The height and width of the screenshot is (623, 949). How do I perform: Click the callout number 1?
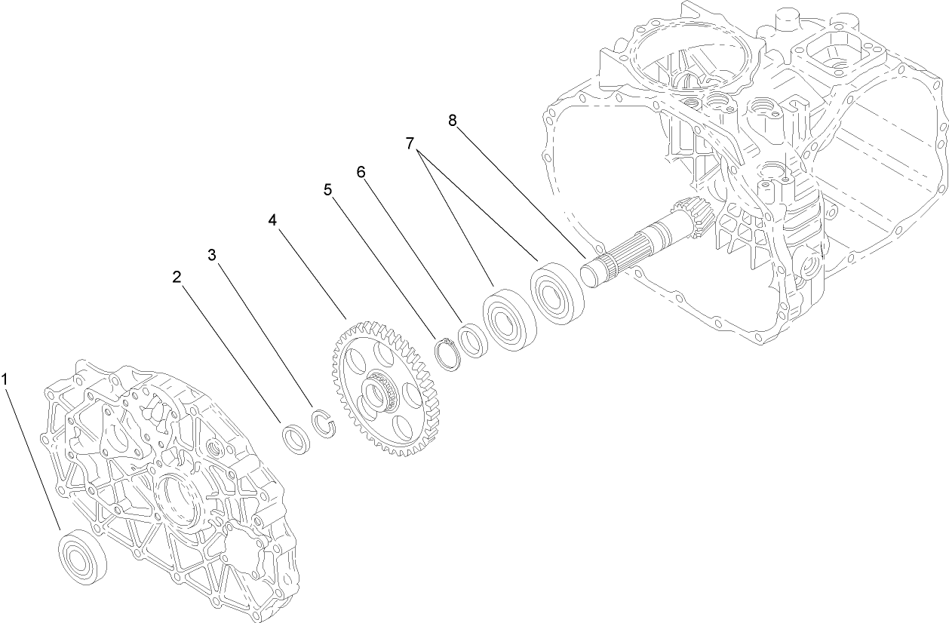click(6, 379)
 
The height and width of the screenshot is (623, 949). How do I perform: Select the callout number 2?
click(177, 277)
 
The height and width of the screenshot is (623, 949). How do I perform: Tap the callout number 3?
click(213, 255)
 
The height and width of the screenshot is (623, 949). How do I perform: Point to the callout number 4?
click(272, 219)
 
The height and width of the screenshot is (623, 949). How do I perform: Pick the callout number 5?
click(328, 189)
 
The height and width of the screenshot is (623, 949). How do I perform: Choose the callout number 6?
click(361, 172)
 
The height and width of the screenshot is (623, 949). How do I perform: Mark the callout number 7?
click(410, 143)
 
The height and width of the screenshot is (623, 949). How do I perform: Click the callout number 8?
click(453, 121)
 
